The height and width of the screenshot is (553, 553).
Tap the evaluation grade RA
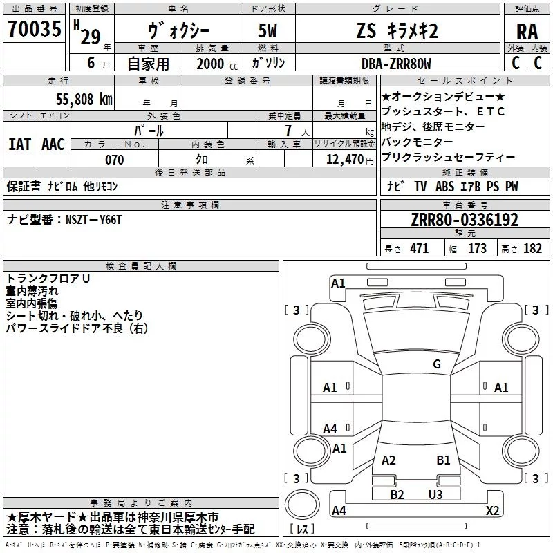point(527,32)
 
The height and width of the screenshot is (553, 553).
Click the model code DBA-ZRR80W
point(395,64)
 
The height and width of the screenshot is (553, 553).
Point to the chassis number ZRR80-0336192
point(465,220)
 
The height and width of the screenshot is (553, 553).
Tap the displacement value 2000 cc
point(216,64)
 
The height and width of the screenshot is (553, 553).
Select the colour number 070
point(114,160)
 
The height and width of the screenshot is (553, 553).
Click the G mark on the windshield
point(436,364)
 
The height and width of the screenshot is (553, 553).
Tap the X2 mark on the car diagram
point(492,511)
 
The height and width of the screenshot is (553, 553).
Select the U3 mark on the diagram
point(435,494)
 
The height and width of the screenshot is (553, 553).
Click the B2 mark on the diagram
point(397,494)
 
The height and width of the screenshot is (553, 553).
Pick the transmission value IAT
point(19,144)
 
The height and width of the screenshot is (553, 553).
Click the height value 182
point(532,249)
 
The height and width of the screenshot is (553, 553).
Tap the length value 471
point(418,249)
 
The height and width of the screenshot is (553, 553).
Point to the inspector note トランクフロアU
point(48,279)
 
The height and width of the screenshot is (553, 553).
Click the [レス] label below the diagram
point(303,530)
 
